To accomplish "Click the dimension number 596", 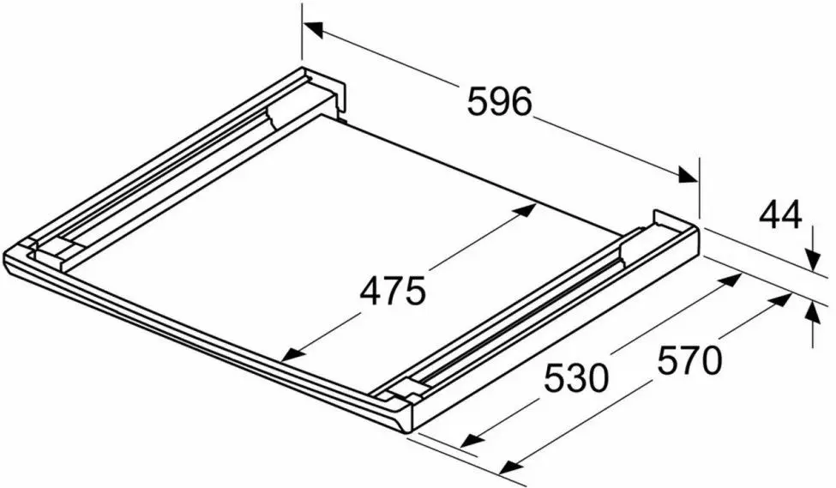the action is point(500,101).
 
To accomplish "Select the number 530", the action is point(576,378).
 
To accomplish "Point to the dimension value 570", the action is point(689,360).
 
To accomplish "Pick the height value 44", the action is point(780,216).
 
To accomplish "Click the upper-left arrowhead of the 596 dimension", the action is point(314,29).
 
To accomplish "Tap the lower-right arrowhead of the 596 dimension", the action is point(688,175).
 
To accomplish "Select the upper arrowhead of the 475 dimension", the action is point(526,208).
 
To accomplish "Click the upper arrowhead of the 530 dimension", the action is point(731,280).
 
